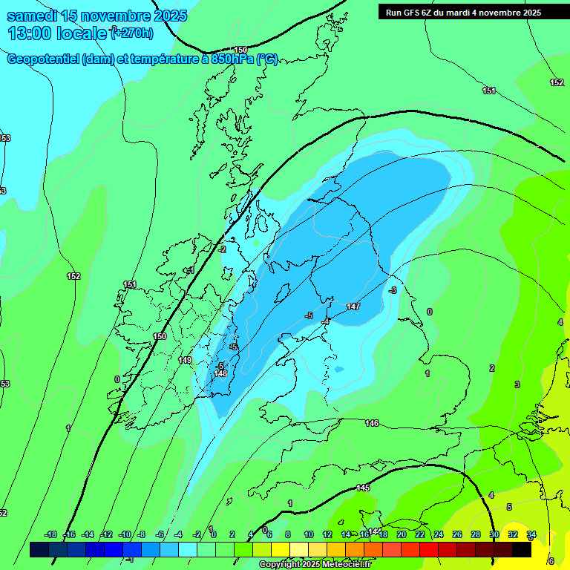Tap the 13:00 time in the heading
[x=29, y=33]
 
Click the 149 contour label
[x=186, y=360]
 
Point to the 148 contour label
[x=220, y=373]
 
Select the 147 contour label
[x=353, y=307]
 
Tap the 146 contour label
[x=372, y=423]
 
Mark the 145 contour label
[x=363, y=488]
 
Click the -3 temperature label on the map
[x=393, y=289]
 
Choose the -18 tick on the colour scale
[x=50, y=534]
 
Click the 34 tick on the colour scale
[x=531, y=534]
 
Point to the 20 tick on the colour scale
[x=402, y=534]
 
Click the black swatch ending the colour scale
[x=522, y=549]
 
